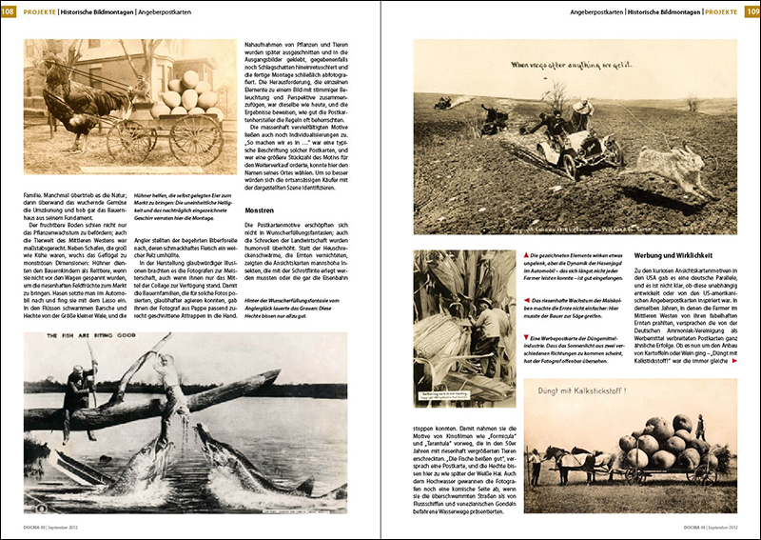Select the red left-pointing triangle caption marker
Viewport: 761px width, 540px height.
(x=526, y=300)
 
